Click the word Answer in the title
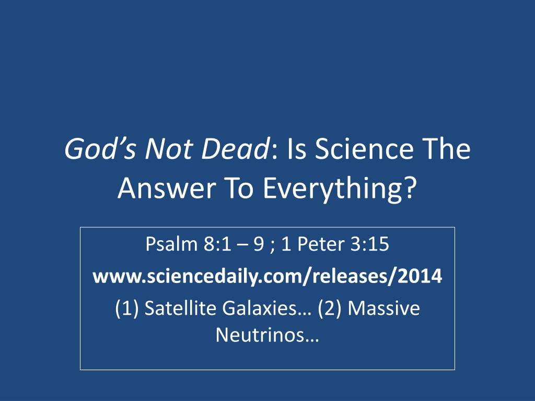(167, 188)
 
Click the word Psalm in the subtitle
(171, 244)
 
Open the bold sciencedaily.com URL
(267, 276)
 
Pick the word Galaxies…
(267, 308)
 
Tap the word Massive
(384, 308)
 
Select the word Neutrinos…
(267, 335)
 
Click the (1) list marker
(127, 309)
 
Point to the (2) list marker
(330, 309)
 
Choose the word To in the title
(239, 188)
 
